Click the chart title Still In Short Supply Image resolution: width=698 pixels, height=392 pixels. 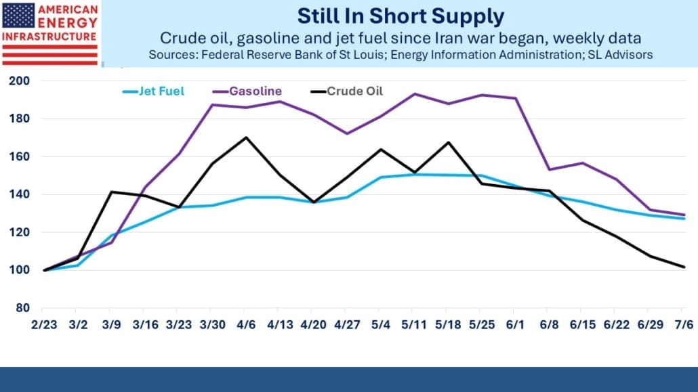(401, 16)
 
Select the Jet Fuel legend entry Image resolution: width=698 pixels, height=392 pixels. (154, 91)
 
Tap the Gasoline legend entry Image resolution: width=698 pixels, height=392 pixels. (247, 91)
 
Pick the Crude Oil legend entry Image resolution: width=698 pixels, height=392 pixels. (347, 91)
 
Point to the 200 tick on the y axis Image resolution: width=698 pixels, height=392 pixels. (19, 81)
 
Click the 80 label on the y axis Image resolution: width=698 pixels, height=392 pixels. (22, 308)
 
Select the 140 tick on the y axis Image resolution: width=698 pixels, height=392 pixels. (19, 194)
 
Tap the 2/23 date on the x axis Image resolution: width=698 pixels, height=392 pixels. (44, 325)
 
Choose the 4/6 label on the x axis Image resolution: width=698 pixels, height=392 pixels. (246, 325)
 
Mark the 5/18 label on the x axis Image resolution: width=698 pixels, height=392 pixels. (448, 325)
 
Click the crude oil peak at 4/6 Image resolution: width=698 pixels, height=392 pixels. (246, 137)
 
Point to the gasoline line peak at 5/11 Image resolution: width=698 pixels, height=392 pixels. (415, 94)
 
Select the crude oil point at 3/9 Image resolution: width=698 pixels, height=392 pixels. (111, 192)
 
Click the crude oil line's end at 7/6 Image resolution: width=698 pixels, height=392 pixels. (684, 267)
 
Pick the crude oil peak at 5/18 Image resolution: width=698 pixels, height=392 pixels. (448, 142)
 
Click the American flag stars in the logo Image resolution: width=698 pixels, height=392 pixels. (18, 16)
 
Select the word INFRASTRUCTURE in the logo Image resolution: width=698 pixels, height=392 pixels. (49, 37)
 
